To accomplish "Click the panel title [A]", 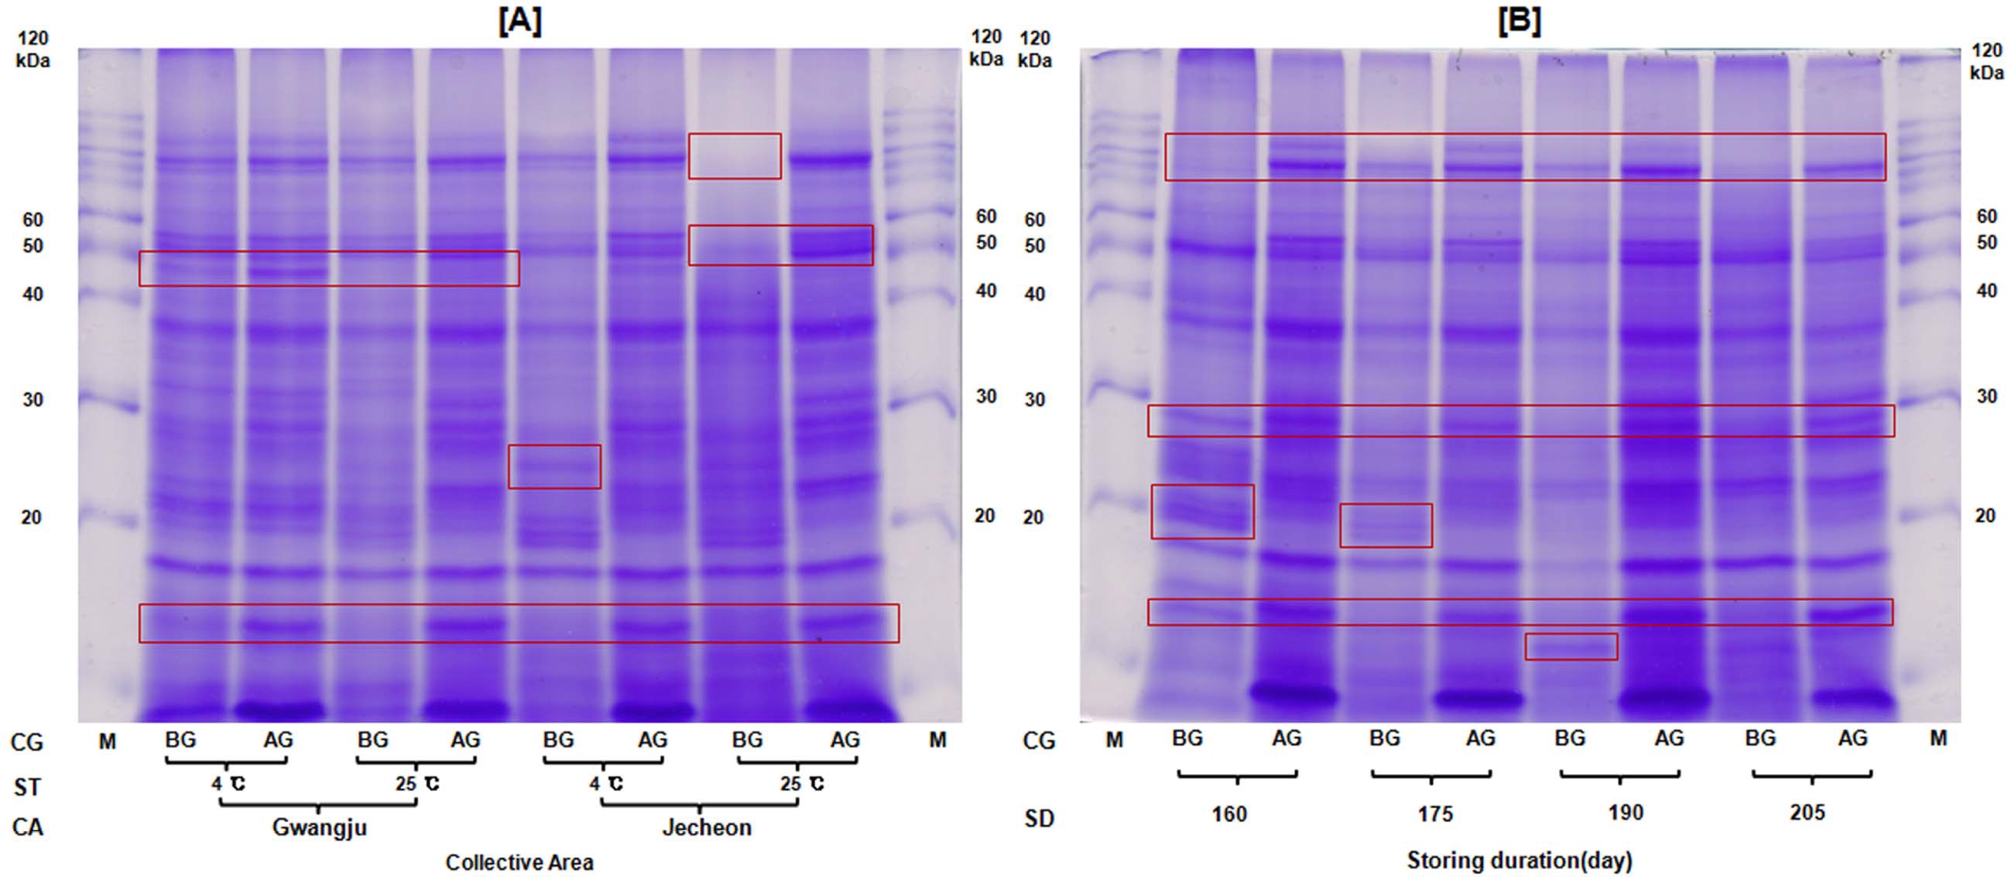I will pyautogui.click(x=520, y=21).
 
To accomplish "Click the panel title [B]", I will pyautogui.click(x=1519, y=21).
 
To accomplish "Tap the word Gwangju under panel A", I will pyautogui.click(x=319, y=827).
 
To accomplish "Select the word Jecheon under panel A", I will pyautogui.click(x=707, y=827).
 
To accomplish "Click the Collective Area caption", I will pyautogui.click(x=519, y=862).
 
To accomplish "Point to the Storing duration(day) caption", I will pyautogui.click(x=1519, y=861).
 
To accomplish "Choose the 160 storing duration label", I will pyautogui.click(x=1228, y=814).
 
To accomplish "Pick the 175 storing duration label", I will pyautogui.click(x=1435, y=814).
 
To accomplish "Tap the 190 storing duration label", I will pyautogui.click(x=1626, y=813).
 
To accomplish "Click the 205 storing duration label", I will pyautogui.click(x=1807, y=813).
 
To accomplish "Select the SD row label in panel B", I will pyautogui.click(x=1039, y=818).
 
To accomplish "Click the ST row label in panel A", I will pyautogui.click(x=27, y=787).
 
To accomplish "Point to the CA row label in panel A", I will pyautogui.click(x=27, y=827).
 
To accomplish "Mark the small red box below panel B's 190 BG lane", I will pyautogui.click(x=1571, y=647).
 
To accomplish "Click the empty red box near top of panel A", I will pyautogui.click(x=734, y=156).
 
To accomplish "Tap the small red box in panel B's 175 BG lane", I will pyautogui.click(x=1386, y=525).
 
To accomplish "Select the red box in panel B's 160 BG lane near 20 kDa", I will pyautogui.click(x=1202, y=512).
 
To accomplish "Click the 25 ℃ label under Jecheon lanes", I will pyautogui.click(x=802, y=783).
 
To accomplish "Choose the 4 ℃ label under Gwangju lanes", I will pyautogui.click(x=228, y=783).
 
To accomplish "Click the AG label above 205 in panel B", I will pyautogui.click(x=1852, y=738).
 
